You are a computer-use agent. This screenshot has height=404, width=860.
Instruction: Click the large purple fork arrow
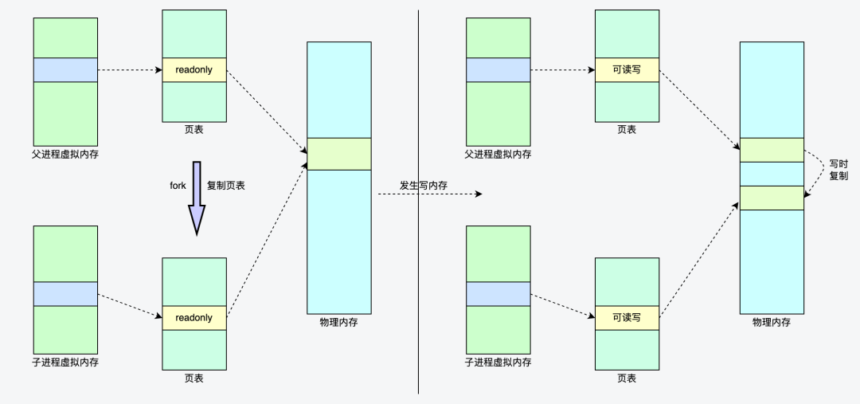[196, 195]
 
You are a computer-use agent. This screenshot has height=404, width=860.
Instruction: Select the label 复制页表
[225, 185]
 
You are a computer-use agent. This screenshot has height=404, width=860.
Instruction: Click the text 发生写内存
[424, 186]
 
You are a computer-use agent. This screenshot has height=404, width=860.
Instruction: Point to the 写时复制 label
[838, 169]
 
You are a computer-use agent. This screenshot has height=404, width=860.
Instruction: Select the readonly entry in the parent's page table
[194, 70]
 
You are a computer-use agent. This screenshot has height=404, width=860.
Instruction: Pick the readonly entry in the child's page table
[194, 317]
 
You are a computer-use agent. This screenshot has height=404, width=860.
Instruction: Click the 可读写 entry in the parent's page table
[627, 70]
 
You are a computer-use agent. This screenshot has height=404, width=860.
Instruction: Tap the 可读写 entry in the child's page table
[627, 317]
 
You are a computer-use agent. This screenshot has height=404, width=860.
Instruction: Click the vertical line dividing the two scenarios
[419, 239]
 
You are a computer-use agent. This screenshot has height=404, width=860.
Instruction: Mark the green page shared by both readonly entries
[338, 154]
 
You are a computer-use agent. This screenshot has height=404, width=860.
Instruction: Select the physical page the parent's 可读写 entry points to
[772, 150]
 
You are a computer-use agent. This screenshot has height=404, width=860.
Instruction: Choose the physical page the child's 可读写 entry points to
[772, 198]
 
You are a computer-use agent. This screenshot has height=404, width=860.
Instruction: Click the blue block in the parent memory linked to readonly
[65, 70]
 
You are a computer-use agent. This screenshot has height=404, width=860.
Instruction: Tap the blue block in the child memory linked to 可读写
[498, 293]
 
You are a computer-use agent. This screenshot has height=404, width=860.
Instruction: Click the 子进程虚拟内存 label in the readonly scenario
[65, 363]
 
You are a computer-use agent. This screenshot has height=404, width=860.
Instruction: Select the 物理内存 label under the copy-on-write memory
[772, 323]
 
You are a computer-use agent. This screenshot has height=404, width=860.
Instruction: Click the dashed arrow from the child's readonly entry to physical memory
[267, 239]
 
